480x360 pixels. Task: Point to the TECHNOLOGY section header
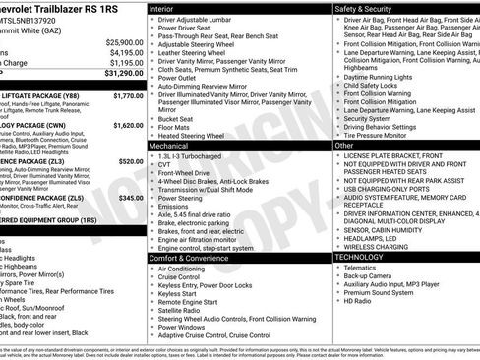point(365,256)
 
